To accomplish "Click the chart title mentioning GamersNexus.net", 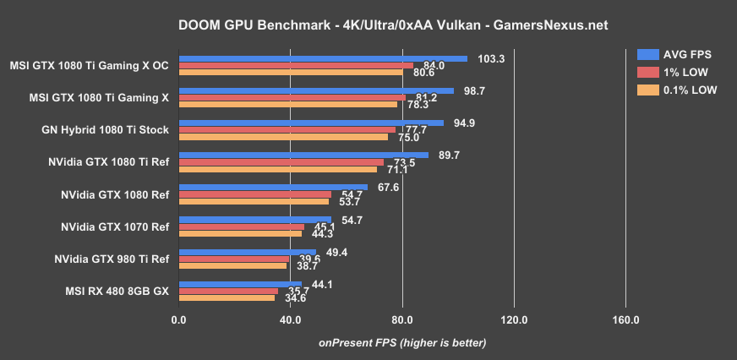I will (368, 25).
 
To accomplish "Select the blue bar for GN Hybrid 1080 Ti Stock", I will (311, 123).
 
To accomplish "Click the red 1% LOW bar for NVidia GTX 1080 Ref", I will (254, 194).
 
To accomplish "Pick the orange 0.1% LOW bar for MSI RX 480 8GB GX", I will (227, 297).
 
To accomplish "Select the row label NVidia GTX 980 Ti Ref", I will (112, 259).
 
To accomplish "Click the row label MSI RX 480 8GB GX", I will (117, 292).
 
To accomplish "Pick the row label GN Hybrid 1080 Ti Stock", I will (105, 130).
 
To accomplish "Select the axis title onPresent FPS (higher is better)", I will (402, 342).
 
